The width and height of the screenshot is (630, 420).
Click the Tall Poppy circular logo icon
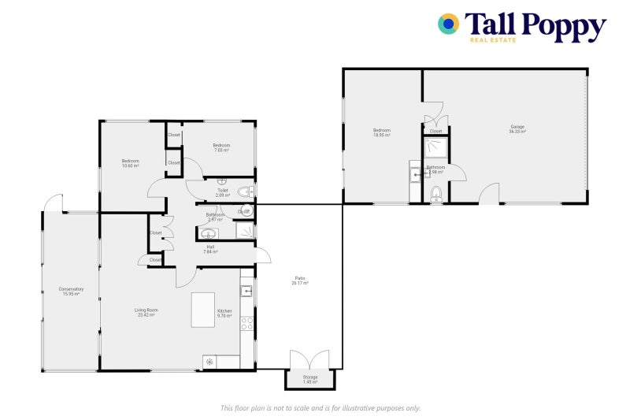[449, 24]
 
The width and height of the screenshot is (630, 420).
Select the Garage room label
[517, 129]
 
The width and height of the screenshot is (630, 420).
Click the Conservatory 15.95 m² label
[71, 292]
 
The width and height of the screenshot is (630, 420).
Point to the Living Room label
[146, 313]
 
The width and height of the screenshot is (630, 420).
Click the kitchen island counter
[202, 310]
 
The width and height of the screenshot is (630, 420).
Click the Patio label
[300, 281]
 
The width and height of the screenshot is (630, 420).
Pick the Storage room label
[310, 380]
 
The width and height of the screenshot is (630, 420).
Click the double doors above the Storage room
[309, 360]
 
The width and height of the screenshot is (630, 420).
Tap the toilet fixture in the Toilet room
[246, 191]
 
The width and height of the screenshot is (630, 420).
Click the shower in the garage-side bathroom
[435, 147]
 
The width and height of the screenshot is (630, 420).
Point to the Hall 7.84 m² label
[209, 249]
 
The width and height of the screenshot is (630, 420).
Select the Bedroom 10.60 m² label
[130, 163]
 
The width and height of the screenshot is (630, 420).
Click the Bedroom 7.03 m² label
[221, 147]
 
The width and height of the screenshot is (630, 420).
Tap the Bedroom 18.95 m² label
[381, 132]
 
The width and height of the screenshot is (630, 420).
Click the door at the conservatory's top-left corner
[53, 203]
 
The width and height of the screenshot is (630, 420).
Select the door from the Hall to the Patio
[262, 255]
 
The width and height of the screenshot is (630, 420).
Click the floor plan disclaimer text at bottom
[320, 407]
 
